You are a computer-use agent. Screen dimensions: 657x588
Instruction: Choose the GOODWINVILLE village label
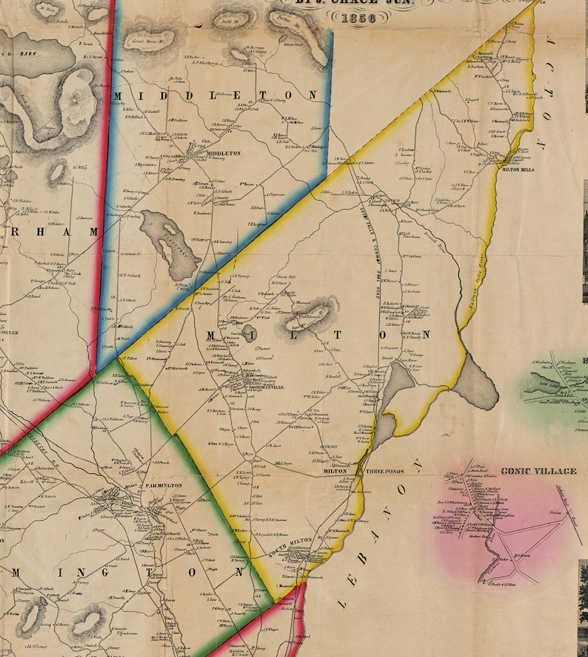tap(265, 385)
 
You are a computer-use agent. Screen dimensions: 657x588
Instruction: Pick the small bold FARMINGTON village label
tap(164, 484)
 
